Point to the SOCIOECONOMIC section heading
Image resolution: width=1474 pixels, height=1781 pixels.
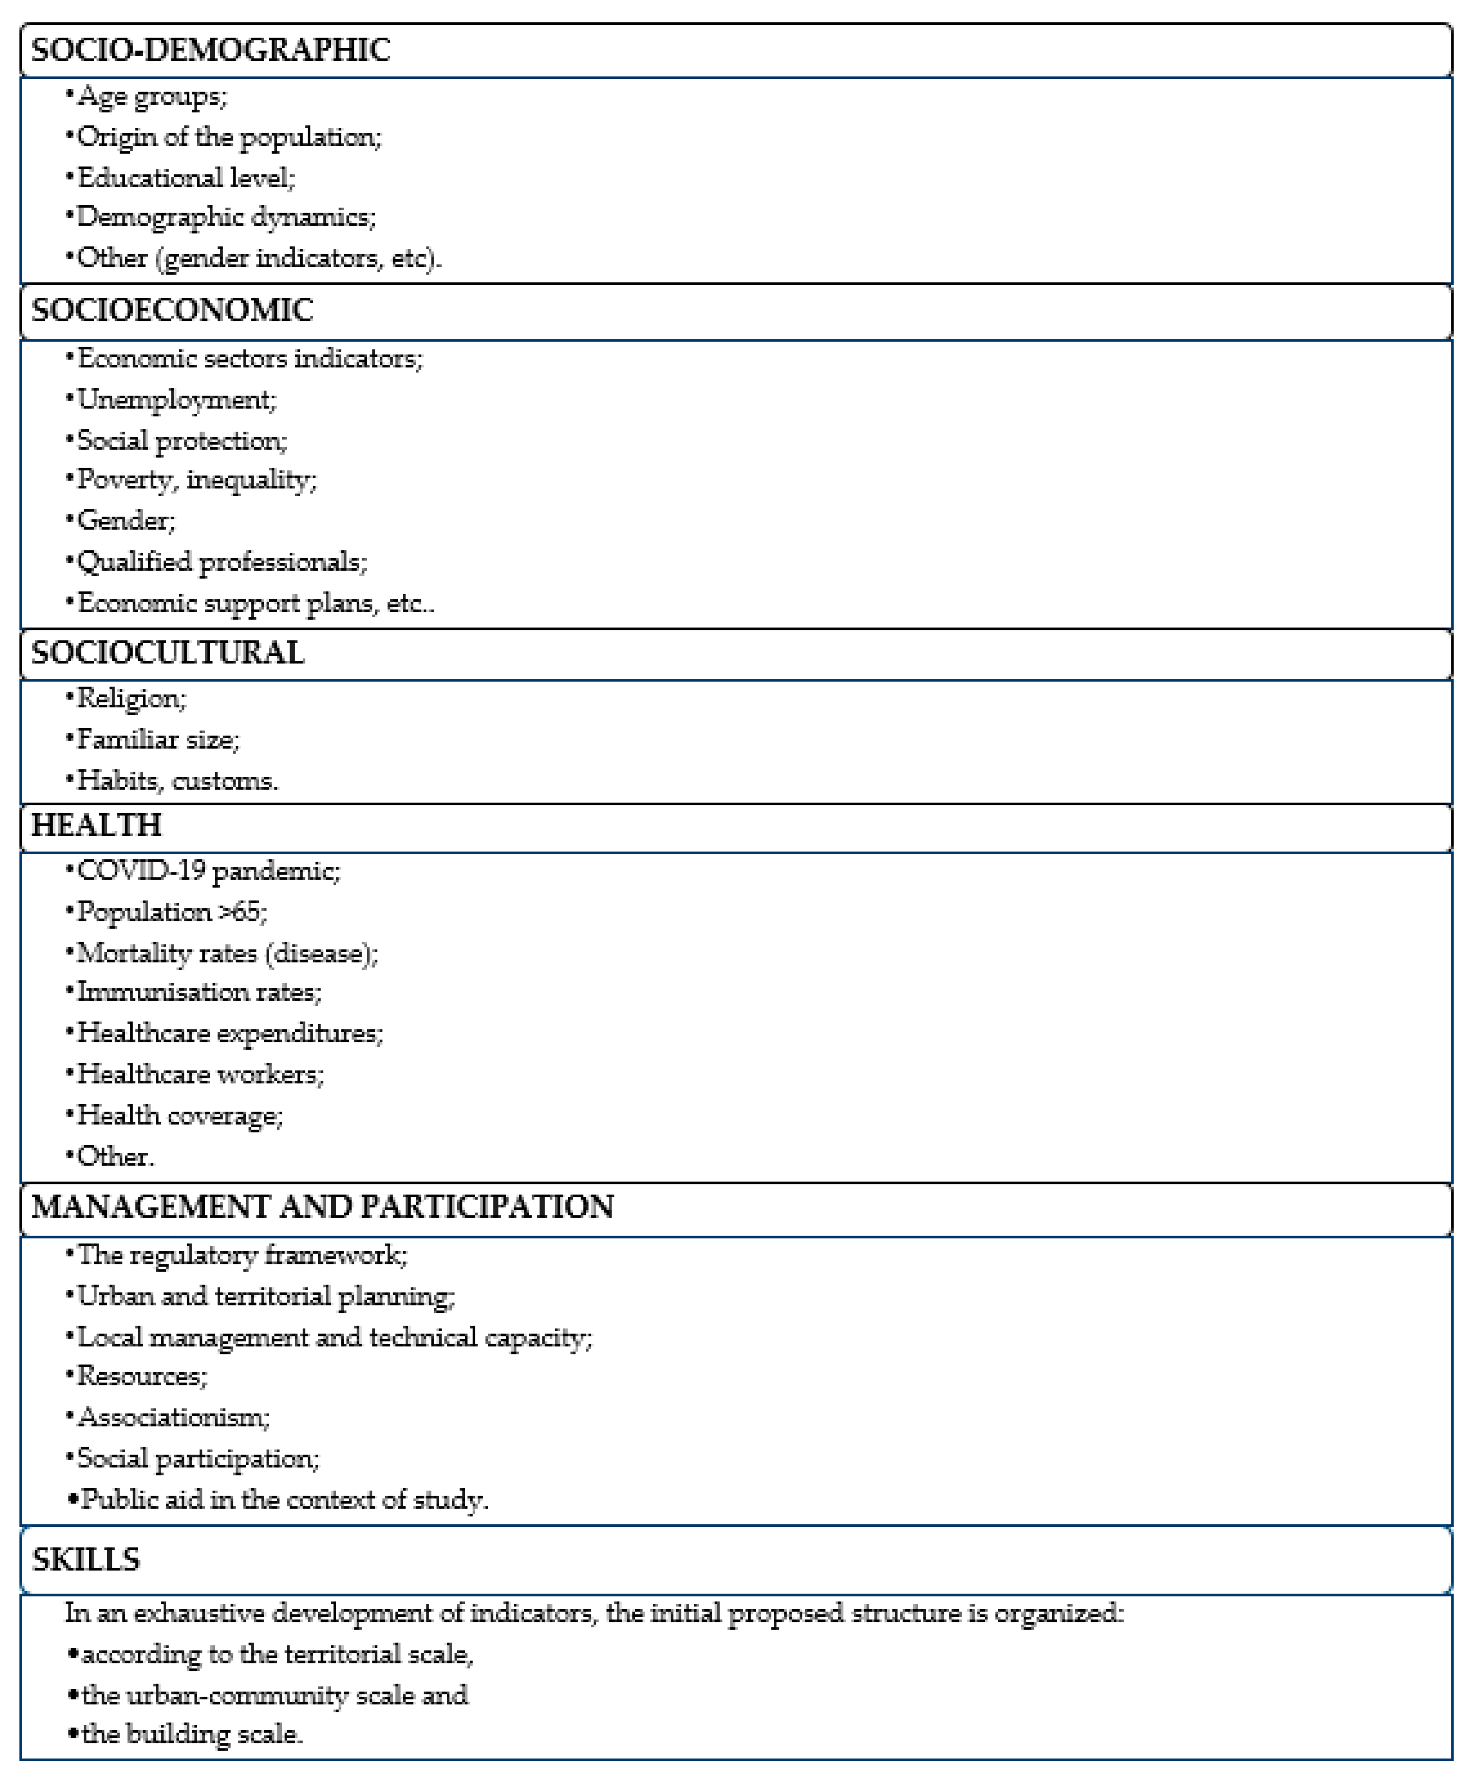click(172, 310)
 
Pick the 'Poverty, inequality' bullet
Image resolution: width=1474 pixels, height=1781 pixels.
click(197, 480)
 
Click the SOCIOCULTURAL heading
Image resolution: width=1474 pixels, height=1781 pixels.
click(167, 653)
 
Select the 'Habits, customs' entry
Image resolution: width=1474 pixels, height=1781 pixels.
click(177, 780)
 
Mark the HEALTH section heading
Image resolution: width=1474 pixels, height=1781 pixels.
click(96, 825)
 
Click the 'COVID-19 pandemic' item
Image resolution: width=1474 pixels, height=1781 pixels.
click(208, 871)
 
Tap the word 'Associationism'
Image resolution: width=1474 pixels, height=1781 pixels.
click(172, 1417)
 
